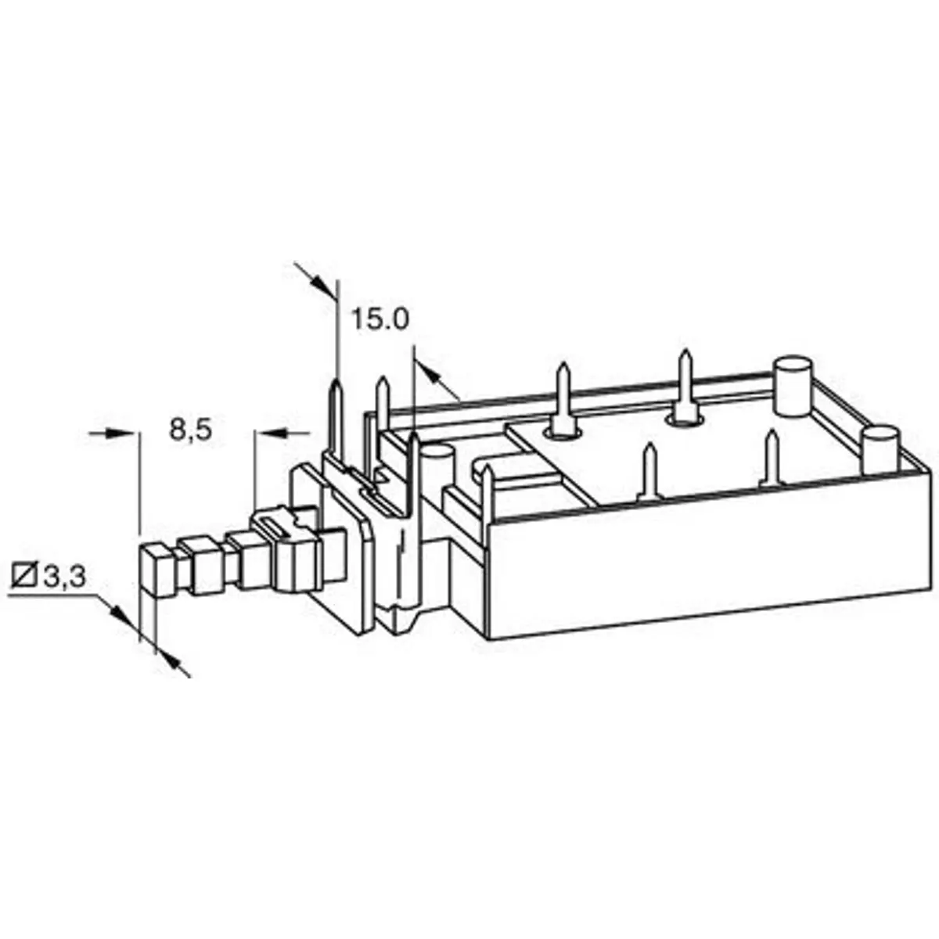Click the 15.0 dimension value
pyautogui.click(x=380, y=320)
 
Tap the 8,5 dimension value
pyautogui.click(x=190, y=430)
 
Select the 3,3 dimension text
pyautogui.click(x=65, y=577)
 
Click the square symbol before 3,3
pyautogui.click(x=25, y=577)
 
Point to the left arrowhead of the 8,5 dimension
pyautogui.click(x=120, y=432)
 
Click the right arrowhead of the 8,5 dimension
pyautogui.click(x=271, y=432)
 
